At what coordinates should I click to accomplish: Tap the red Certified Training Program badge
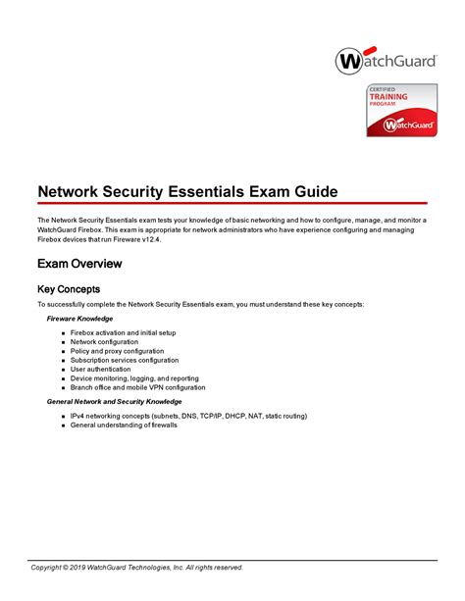point(402,111)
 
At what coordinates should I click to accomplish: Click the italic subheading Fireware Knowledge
point(80,319)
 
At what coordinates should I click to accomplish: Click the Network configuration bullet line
point(111,342)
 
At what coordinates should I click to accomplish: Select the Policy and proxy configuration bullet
point(117,351)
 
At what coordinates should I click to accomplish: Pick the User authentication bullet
point(105,369)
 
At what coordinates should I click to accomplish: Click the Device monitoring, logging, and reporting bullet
point(134,377)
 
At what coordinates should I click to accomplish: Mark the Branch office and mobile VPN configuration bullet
point(137,386)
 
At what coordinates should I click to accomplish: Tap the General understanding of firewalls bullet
point(124,425)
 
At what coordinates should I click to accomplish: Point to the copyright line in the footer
point(136,567)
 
